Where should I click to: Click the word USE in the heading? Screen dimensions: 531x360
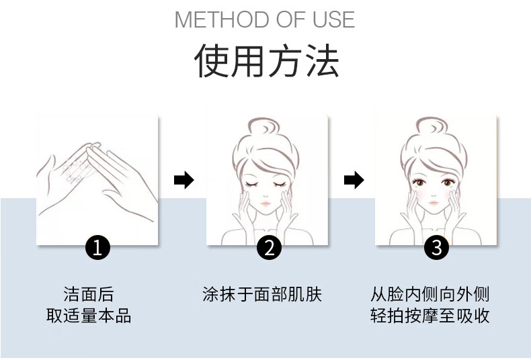tap(333, 19)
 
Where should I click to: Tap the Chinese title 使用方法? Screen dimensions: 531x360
tap(267, 61)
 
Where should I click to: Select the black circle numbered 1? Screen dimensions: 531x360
tap(97, 247)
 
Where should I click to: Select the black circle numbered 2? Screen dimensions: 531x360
tap(270, 247)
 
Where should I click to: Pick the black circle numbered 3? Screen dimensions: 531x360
tap(436, 247)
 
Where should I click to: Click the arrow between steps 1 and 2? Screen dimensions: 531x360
tap(184, 179)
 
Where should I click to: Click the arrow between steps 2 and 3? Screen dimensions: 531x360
tap(354, 179)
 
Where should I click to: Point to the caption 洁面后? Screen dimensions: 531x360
tap(89, 294)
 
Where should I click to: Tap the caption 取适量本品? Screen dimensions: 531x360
tap(89, 316)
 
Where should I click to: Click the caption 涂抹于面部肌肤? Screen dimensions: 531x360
tap(261, 294)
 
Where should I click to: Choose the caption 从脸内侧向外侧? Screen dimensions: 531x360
tap(430, 294)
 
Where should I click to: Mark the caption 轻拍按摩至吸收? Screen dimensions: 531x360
tap(430, 316)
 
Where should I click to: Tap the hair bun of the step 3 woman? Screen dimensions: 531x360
tap(432, 126)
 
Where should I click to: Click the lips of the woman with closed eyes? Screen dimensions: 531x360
tap(266, 204)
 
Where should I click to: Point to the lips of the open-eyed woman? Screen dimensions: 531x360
tap(434, 203)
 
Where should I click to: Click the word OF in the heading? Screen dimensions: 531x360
tap(291, 19)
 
